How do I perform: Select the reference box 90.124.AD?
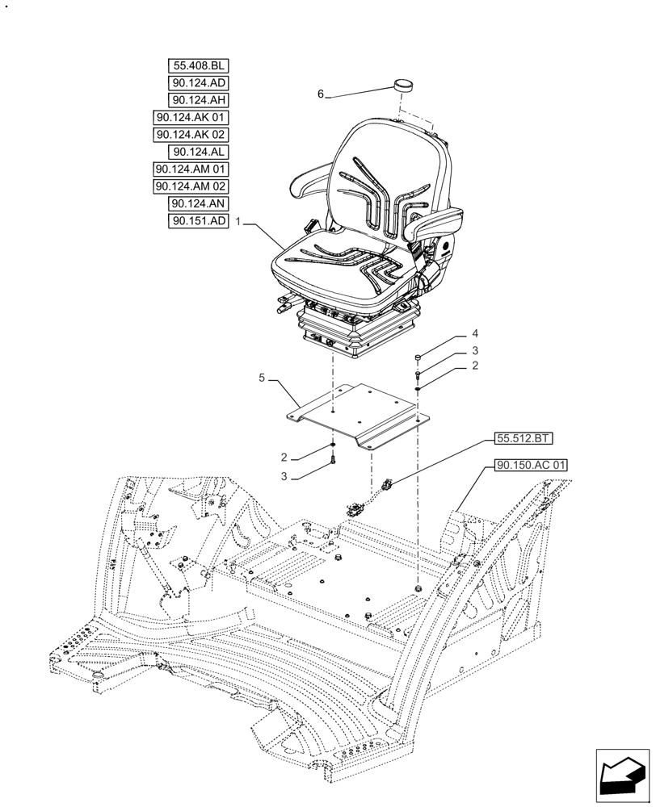point(199,83)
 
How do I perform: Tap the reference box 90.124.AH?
point(199,100)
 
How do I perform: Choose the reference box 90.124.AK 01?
point(191,118)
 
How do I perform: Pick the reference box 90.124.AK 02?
point(191,135)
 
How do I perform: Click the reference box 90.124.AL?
point(199,152)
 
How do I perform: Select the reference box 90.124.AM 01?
point(191,169)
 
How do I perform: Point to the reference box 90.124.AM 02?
point(191,186)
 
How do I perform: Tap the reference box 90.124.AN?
point(199,204)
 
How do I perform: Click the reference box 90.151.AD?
point(199,221)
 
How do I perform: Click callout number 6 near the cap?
point(320,94)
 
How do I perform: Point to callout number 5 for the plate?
point(262,377)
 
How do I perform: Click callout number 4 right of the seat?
point(475,333)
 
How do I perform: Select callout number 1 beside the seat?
point(238,220)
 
